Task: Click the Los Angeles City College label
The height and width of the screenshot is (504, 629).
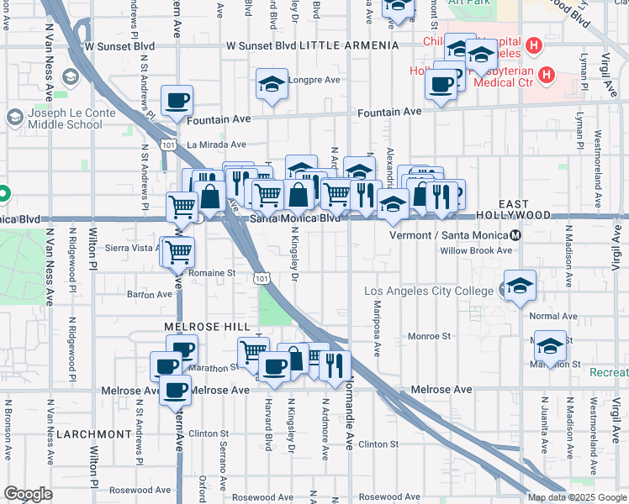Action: [x=429, y=291]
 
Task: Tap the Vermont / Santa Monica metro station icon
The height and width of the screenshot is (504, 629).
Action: [x=515, y=235]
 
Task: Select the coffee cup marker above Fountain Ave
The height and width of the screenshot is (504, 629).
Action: [x=177, y=101]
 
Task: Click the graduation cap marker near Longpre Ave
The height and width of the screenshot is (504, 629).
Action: [x=272, y=84]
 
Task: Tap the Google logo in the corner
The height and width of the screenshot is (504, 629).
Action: [x=28, y=494]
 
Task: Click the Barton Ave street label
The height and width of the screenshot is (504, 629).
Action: [x=126, y=295]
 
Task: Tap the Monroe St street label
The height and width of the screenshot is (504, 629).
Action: [x=429, y=336]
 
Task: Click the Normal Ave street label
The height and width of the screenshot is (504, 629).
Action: [x=553, y=317]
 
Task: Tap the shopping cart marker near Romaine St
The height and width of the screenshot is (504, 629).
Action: [x=177, y=250]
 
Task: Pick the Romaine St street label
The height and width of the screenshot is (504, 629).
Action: [x=211, y=273]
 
